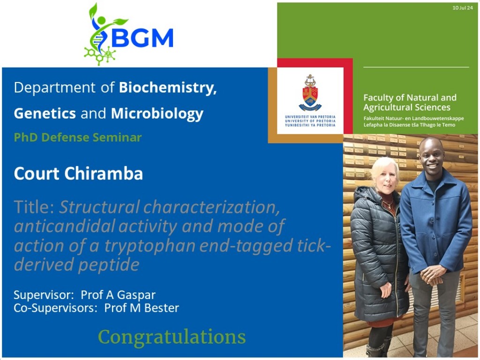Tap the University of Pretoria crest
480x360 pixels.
click(310, 92)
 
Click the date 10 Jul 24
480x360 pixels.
click(463, 7)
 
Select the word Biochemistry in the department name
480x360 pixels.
click(168, 88)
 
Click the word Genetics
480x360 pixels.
click(45, 113)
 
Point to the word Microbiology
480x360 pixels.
click(157, 114)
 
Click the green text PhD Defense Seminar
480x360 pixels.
click(78, 137)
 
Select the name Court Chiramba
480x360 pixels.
click(78, 173)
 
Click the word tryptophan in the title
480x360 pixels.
click(150, 246)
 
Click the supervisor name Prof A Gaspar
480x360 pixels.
click(118, 295)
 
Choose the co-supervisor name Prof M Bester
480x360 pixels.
click(142, 308)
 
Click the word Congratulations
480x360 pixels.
click(172, 337)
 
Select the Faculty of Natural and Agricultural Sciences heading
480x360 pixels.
click(410, 103)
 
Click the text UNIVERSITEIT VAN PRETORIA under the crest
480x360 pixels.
click(310, 117)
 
